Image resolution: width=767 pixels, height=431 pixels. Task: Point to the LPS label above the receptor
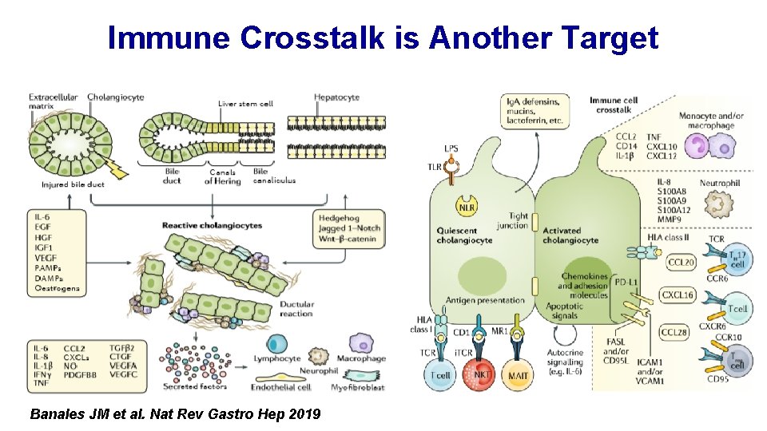451,148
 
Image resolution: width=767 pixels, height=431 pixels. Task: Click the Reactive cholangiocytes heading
212,226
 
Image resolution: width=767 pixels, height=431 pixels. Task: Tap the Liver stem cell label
245,104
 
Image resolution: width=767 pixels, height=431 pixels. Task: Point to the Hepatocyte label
336,97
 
